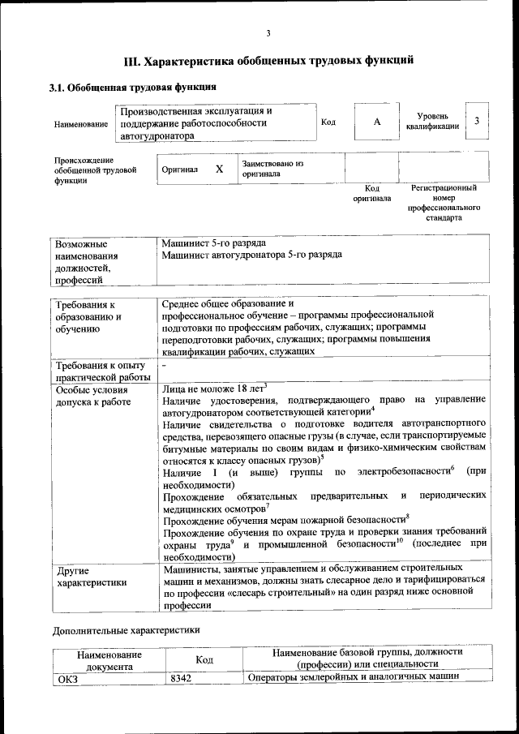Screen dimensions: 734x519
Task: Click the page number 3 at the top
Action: click(x=268, y=33)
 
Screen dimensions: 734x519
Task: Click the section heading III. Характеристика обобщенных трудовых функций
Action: click(x=268, y=61)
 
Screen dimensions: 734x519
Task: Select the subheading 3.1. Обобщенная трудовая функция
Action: click(x=134, y=87)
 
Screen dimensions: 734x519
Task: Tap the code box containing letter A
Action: click(x=376, y=122)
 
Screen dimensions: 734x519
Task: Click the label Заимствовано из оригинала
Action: click(x=272, y=169)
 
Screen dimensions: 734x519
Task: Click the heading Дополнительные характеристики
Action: click(x=125, y=630)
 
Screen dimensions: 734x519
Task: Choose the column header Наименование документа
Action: click(x=109, y=659)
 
